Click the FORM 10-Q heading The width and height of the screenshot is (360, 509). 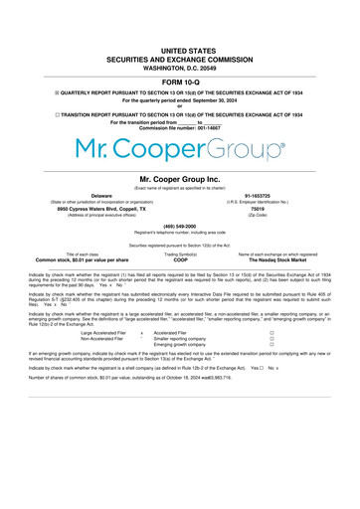tap(180, 82)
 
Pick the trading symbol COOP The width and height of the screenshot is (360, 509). tap(180, 259)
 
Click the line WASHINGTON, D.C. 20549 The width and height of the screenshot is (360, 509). tap(180, 67)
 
